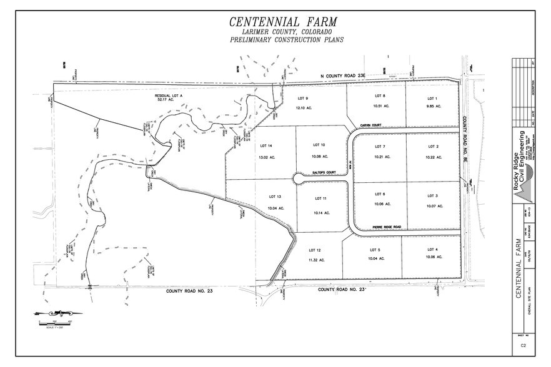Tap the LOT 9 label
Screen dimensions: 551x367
(x=302, y=98)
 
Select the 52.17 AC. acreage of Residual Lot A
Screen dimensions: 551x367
(x=164, y=100)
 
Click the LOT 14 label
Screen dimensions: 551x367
(x=266, y=145)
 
